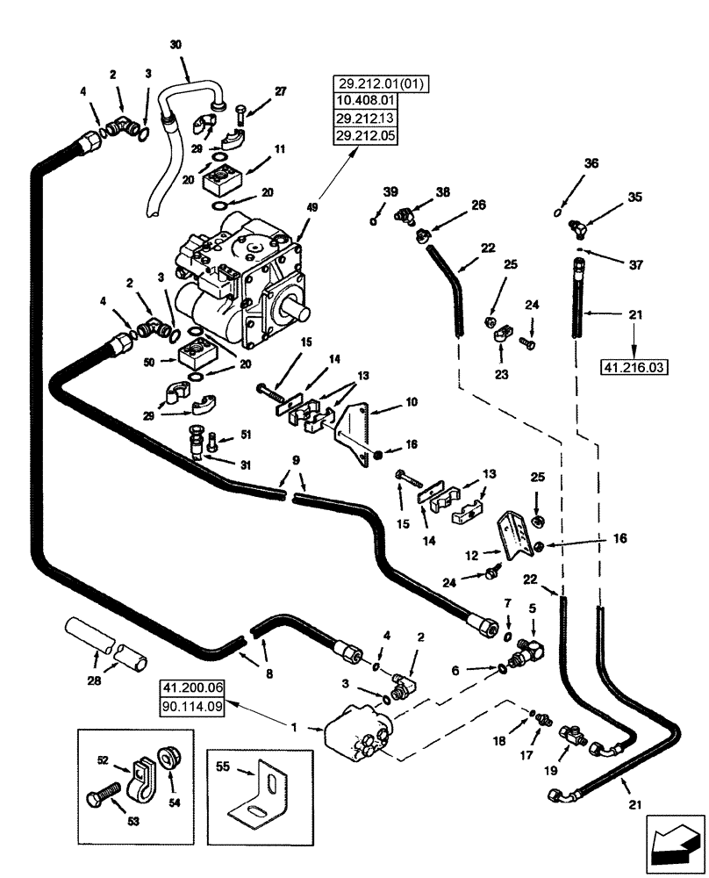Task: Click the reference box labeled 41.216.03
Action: coord(632,365)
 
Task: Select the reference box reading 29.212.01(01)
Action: coord(376,84)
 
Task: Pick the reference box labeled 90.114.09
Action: coord(190,705)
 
